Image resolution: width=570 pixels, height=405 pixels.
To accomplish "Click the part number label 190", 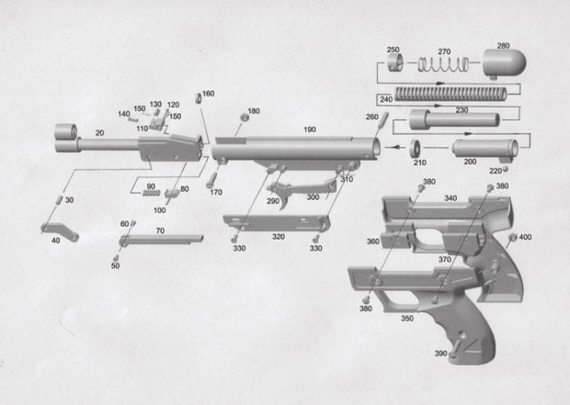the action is pos(310,129).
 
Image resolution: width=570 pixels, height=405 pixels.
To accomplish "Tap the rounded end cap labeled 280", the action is pos(504,63).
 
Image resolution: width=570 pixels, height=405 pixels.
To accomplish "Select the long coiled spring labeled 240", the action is pos(450,94).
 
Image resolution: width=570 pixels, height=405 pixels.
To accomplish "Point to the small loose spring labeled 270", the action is pos(443,64).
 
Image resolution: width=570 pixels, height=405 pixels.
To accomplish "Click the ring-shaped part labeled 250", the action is pos(394,62).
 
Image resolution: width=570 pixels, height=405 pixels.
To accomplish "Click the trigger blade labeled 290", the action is pos(280,194).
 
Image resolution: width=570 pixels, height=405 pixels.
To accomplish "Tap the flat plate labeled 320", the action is pos(277,222).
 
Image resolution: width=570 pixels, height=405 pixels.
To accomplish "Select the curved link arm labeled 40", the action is pos(60,231).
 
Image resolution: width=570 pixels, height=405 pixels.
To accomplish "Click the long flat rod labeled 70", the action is pos(162,240).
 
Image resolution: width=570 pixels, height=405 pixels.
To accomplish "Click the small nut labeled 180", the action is pos(244,118).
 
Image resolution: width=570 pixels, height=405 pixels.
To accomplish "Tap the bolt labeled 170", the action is pos(211,179).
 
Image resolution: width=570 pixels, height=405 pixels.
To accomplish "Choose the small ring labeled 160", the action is pos(199,98).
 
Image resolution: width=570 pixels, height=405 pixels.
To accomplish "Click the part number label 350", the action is pos(407,318).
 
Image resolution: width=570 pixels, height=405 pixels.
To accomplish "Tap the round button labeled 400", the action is pos(513,238).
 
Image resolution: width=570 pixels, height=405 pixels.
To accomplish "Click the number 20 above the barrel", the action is pos(99,133).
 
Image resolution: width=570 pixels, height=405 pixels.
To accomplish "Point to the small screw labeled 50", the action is pos(116,257).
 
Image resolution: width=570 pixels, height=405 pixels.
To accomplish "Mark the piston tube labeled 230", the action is pos(454,119).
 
